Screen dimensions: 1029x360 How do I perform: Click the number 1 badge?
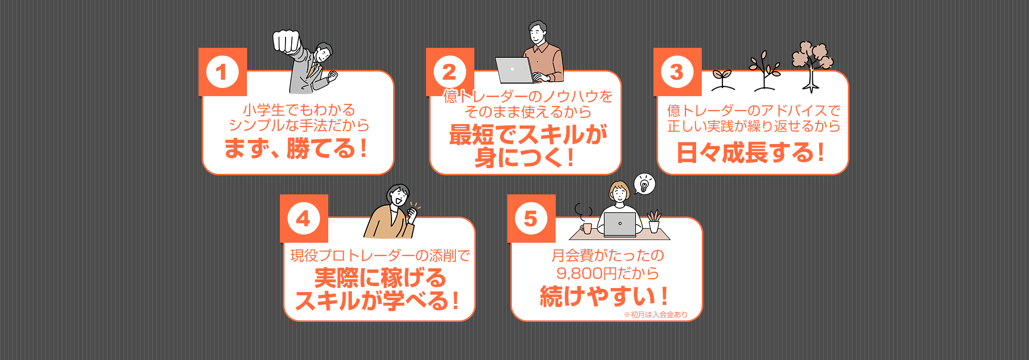pyautogui.click(x=222, y=72)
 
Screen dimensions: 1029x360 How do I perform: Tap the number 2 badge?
pyautogui.click(x=450, y=72)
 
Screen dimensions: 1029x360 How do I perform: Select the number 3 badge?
pyautogui.click(x=677, y=72)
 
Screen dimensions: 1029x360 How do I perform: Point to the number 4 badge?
pyautogui.click(x=304, y=219)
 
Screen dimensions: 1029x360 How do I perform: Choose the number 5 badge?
pyautogui.click(x=531, y=219)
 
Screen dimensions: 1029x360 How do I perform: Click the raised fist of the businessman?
pyautogui.click(x=286, y=41)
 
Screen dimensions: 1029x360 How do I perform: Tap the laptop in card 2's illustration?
pyautogui.click(x=514, y=70)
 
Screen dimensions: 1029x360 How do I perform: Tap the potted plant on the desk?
pyautogui.click(x=654, y=222)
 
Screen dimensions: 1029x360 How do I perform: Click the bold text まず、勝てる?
pyautogui.click(x=296, y=149)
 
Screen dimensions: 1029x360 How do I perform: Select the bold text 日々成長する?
pyautogui.click(x=751, y=153)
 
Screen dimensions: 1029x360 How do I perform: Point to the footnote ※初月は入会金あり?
pyautogui.click(x=655, y=314)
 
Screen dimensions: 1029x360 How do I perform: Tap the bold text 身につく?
pyautogui.click(x=525, y=157)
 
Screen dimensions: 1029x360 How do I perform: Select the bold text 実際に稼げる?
pyautogui.click(x=380, y=278)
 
